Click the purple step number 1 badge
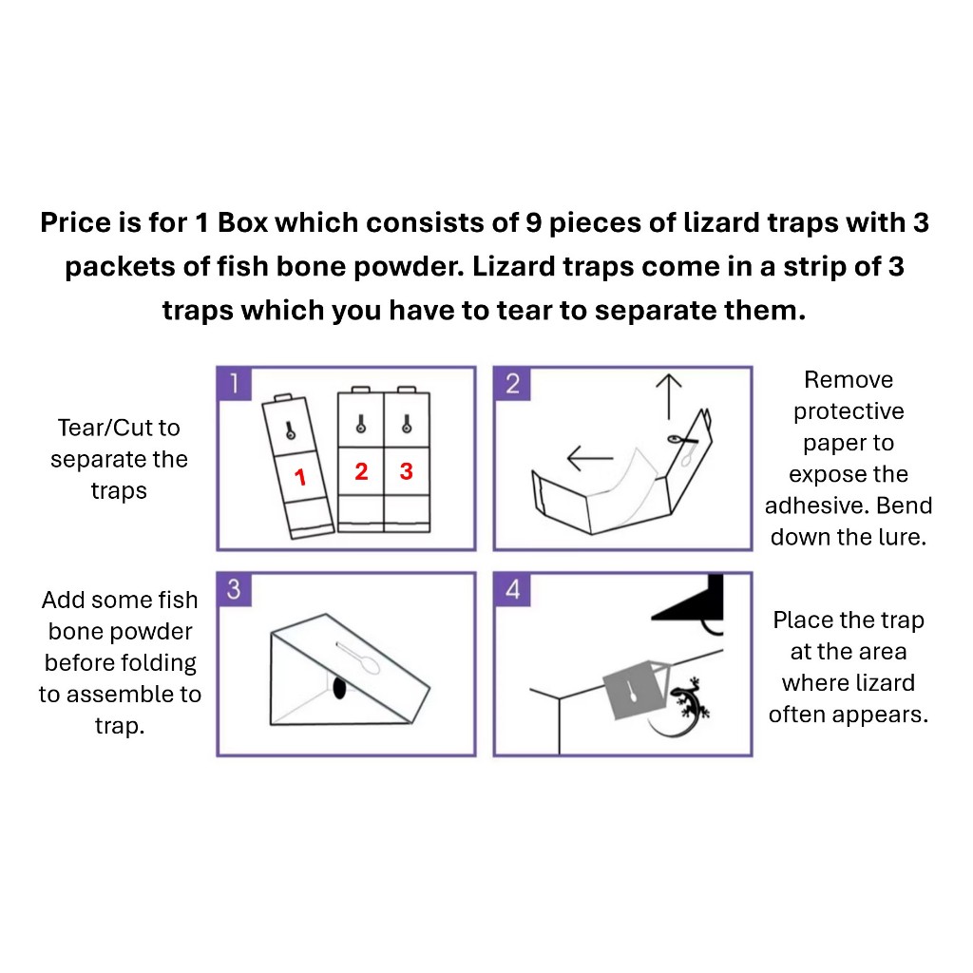pos(234,383)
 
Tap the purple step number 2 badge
pos(512,383)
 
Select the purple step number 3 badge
pos(234,589)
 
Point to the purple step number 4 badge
pos(512,589)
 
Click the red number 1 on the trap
pos(300,477)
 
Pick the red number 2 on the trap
pos(361,471)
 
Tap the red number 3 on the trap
pos(407,471)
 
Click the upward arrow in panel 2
pos(668,396)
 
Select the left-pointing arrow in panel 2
pos(590,459)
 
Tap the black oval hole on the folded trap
pos(339,688)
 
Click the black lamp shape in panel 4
pos(692,601)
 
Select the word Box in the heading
pos(243,222)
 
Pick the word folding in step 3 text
pos(160,663)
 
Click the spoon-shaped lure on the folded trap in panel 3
pos(358,658)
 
